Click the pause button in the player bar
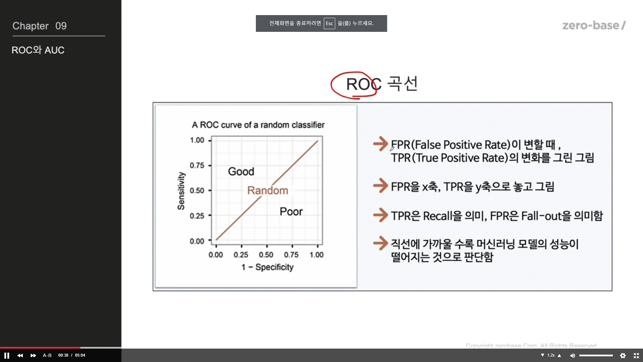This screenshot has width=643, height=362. pos(7,355)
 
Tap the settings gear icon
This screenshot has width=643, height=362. pos(623,355)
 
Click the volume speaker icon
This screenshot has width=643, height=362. pos(573,355)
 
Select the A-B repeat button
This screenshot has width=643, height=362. pos(47,355)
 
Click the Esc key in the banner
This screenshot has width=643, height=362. pos(330,23)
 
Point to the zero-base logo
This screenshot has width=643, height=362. pos(594,25)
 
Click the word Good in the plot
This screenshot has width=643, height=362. pos(241,172)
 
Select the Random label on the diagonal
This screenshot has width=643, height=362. pos(268,190)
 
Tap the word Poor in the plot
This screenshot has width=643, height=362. pos(291,212)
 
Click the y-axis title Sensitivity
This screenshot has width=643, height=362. pos(181,191)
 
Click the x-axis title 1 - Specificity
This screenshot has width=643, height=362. pos(267,267)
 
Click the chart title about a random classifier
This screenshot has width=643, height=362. pos(258,125)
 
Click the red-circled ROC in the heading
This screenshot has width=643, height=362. pos(364,84)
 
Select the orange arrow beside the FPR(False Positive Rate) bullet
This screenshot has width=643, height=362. pos(381,144)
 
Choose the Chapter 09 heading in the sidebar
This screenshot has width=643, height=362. pos(40,26)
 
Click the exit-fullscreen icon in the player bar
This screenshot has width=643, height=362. pos(636,355)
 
